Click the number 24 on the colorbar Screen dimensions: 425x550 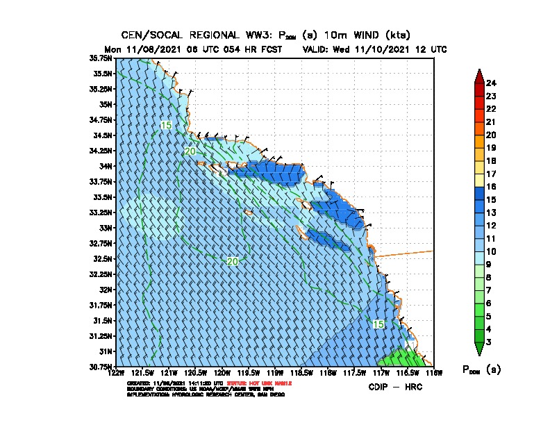coord(491,83)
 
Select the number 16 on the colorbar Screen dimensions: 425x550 coord(491,187)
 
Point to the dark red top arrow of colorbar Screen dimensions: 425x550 coord(479,76)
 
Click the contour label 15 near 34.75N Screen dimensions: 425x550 coord(166,125)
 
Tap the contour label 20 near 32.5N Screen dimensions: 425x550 coord(233,262)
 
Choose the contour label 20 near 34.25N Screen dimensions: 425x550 coord(190,151)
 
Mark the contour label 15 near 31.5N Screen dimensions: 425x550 coord(378,324)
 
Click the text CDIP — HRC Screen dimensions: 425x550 coord(395,387)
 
